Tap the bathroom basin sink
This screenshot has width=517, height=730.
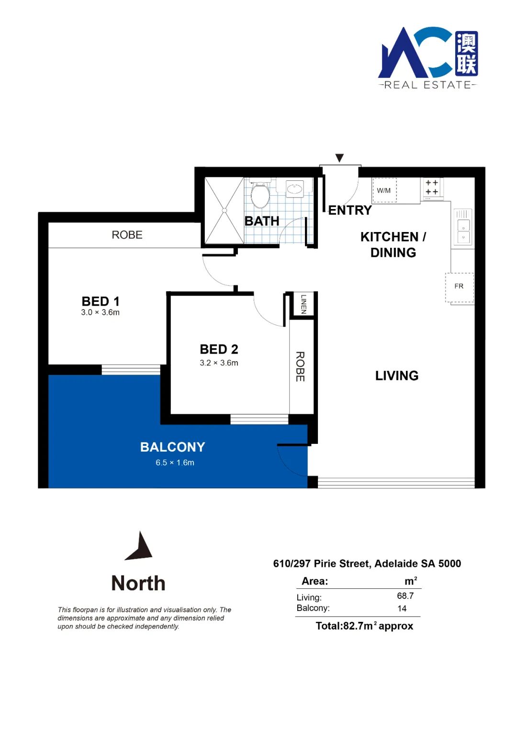coord(295,188)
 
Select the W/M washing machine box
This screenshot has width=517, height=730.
coord(384,190)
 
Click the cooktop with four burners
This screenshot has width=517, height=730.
coord(431,188)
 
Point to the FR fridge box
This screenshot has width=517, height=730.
coord(459,287)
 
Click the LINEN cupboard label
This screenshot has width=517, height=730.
coord(303,304)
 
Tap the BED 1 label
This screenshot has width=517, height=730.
coord(101,301)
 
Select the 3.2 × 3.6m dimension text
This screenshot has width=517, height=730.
coord(219,363)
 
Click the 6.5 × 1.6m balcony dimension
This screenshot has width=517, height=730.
coord(175,463)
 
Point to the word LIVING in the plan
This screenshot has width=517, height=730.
coord(397,376)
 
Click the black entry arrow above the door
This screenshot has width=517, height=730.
coord(339,158)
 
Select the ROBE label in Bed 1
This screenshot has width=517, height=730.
coord(127,234)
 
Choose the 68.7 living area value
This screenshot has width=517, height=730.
coord(405,596)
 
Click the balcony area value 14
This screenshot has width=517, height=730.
coord(402,608)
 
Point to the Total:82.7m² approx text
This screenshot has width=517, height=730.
coord(364,626)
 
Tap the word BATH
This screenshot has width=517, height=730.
coord(262,221)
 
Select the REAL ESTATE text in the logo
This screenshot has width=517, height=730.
coord(427,85)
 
